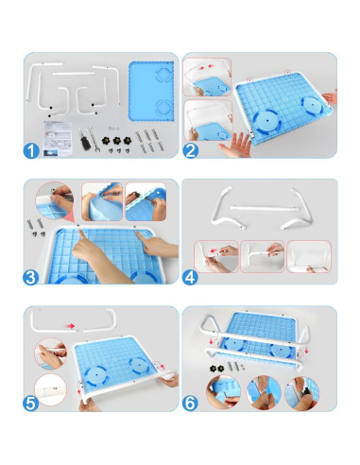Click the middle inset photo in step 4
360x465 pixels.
pyautogui.click(x=263, y=254)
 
